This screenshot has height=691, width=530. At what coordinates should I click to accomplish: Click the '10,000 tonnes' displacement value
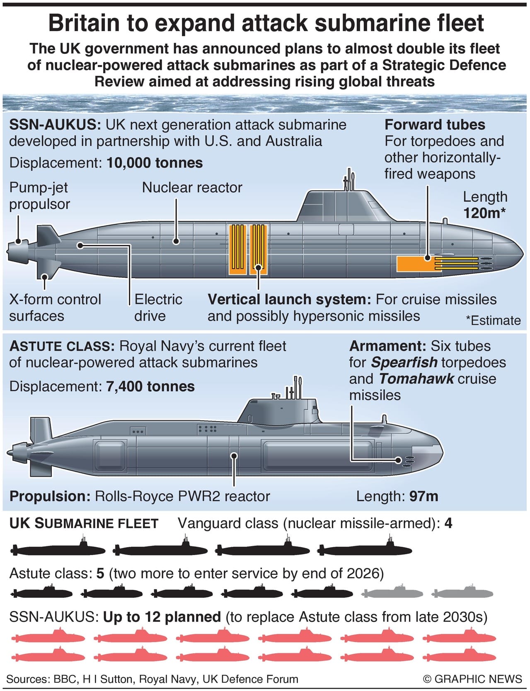pos(155,163)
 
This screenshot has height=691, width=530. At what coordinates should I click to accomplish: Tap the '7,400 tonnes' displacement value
pos(150,386)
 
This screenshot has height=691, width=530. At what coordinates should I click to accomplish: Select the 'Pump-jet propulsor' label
pos(39,196)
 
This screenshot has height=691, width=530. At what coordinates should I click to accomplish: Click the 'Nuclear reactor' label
pos(192,187)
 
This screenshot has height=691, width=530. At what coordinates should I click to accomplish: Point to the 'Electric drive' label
pos(158,308)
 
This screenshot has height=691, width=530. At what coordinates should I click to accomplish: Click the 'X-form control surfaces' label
pos(55,308)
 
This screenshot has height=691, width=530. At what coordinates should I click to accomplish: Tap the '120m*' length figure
pos(484,213)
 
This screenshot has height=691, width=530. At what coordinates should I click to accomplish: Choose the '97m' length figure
pos(424,496)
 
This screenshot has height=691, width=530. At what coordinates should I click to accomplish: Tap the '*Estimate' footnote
pos(493,320)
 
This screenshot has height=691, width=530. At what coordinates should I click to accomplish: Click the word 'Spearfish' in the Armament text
pos(404,362)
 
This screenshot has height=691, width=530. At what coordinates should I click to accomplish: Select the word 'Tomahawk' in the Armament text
pos(416,379)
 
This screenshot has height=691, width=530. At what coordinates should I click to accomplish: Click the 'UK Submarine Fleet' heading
pos(84,524)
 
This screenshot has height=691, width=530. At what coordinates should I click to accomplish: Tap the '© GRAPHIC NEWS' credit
pos(472,679)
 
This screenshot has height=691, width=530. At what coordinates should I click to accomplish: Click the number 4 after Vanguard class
pos(448,523)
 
